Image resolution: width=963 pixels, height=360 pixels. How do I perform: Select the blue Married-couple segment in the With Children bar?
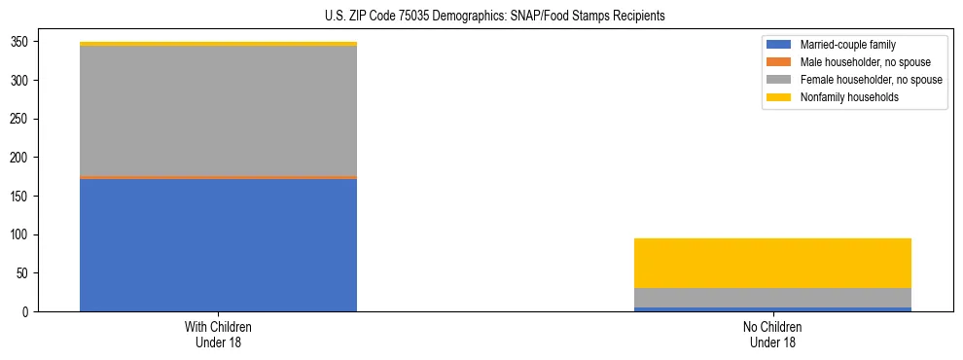pos(218,244)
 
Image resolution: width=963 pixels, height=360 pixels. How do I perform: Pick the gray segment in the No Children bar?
pos(772,298)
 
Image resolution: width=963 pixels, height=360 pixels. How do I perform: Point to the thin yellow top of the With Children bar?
pos(218,44)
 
